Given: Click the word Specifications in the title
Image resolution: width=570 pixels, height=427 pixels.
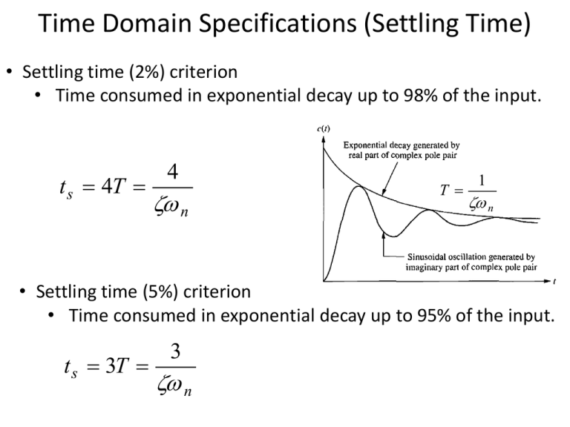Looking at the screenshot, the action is click(x=278, y=24).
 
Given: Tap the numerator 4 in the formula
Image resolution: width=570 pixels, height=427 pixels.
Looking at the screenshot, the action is click(x=173, y=172).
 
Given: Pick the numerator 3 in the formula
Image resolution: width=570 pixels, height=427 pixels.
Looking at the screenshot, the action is click(x=176, y=351).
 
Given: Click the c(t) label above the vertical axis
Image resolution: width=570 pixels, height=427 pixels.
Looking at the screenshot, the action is click(x=324, y=128).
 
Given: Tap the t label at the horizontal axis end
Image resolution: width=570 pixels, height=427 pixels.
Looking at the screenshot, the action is click(x=554, y=282).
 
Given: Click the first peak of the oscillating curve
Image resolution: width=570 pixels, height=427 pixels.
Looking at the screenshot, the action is click(x=359, y=187).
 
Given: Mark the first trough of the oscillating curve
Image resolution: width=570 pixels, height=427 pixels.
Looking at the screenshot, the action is click(x=393, y=236).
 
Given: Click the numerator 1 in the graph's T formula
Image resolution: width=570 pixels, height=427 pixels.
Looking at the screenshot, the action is click(x=482, y=180).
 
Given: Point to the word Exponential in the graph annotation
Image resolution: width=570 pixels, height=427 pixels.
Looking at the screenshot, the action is click(x=365, y=145).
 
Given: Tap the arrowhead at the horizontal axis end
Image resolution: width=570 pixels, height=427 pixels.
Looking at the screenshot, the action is click(x=548, y=281).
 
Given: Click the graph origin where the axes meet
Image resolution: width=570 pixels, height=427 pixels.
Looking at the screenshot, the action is click(x=324, y=281).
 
